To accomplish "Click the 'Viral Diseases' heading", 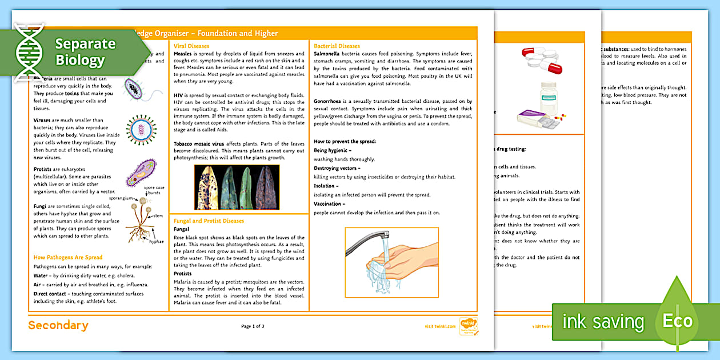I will coord(191,46).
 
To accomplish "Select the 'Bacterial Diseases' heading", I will coord(337,46).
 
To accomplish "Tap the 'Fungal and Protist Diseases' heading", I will coord(209,221).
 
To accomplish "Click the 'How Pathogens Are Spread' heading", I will coord(68,257).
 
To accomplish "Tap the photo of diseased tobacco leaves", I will coord(237,187).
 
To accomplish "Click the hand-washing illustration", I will coord(391,262).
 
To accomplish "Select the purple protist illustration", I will coord(141,173).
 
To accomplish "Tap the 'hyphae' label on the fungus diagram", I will coord(157,242).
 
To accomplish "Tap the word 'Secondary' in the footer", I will coord(58,326).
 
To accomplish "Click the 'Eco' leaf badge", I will coord(677,320).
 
